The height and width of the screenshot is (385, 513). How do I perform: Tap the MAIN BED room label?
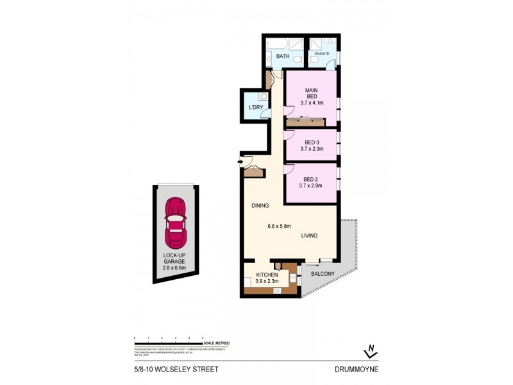pyautogui.click(x=311, y=96)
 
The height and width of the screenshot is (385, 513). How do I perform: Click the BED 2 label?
pyautogui.click(x=311, y=182)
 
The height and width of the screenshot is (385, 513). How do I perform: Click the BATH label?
pyautogui.click(x=283, y=57)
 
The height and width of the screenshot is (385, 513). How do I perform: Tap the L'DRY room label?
pyautogui.click(x=256, y=107)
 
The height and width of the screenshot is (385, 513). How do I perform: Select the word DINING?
pyautogui.click(x=260, y=205)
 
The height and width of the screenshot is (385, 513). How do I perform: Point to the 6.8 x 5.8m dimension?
pyautogui.click(x=280, y=226)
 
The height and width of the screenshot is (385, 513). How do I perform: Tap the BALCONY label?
pyautogui.click(x=323, y=274)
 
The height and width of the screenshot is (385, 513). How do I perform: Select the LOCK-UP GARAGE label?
pyautogui.click(x=174, y=259)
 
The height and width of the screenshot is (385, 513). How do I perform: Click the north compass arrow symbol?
pyautogui.click(x=369, y=351)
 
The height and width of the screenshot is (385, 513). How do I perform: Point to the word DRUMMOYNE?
pyautogui.click(x=356, y=369)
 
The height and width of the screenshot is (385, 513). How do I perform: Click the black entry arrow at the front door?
pyautogui.click(x=239, y=162)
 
